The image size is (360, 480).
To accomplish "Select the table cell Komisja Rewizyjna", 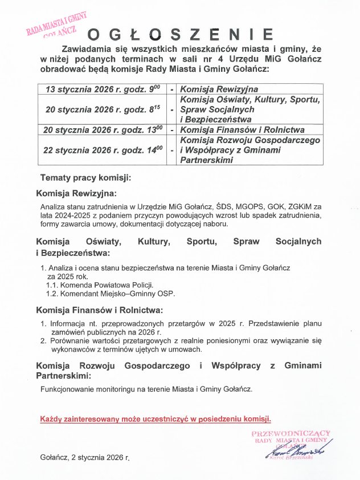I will click(x=219, y=90).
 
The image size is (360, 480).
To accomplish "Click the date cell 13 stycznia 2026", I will click(x=104, y=90).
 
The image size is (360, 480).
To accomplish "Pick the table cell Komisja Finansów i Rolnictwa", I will click(x=242, y=130).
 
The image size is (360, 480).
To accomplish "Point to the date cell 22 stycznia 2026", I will click(x=104, y=150).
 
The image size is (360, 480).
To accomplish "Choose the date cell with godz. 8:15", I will click(x=104, y=110).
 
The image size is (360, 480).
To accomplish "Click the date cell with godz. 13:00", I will click(x=104, y=130).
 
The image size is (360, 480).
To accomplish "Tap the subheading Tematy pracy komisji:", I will click(x=85, y=178).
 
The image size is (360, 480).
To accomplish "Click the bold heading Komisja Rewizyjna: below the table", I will click(x=76, y=193).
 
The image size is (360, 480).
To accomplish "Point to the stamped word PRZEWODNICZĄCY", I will click(x=291, y=434).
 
